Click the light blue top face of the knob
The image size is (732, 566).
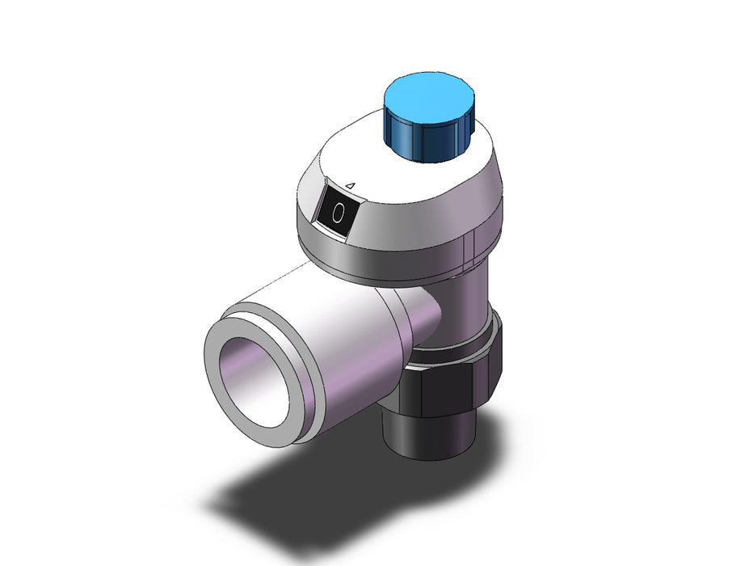[427, 97]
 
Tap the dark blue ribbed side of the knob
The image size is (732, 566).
[427, 139]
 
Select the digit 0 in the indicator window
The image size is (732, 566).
[338, 213]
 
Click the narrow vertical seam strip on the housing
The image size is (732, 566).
[469, 247]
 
